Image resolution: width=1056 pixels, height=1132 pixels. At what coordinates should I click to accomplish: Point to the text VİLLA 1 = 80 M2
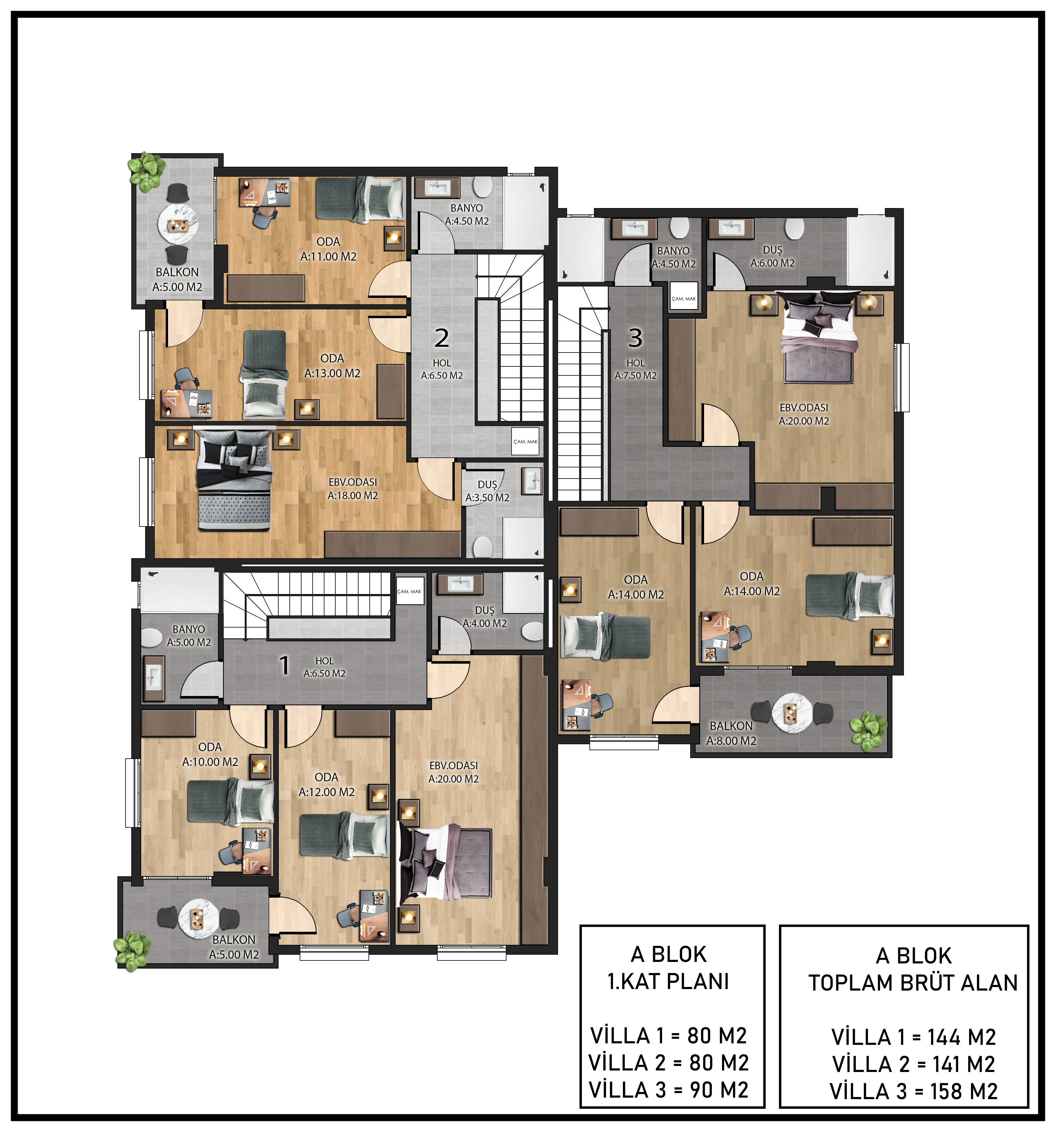click(668, 1035)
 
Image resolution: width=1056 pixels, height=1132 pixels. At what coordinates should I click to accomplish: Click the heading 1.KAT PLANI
click(668, 982)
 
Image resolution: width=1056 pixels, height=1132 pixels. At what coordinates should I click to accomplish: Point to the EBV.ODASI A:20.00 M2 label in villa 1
click(454, 773)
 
